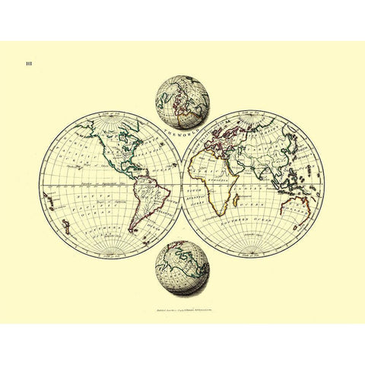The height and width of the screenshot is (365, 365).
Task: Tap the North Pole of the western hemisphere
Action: tap(111, 116)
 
